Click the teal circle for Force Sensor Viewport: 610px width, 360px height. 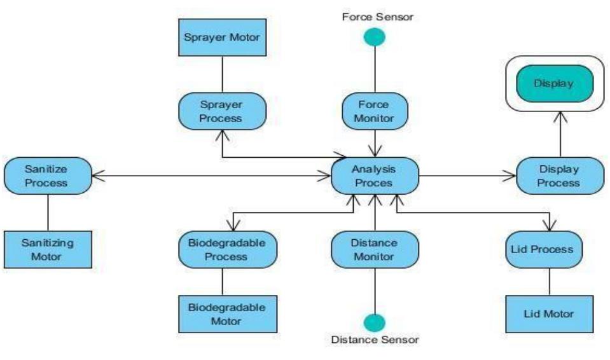(375, 38)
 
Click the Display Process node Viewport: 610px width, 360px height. (559, 176)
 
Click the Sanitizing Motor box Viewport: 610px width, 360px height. (48, 250)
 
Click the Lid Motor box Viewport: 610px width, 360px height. (549, 314)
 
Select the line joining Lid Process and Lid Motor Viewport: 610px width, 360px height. (549, 282)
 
